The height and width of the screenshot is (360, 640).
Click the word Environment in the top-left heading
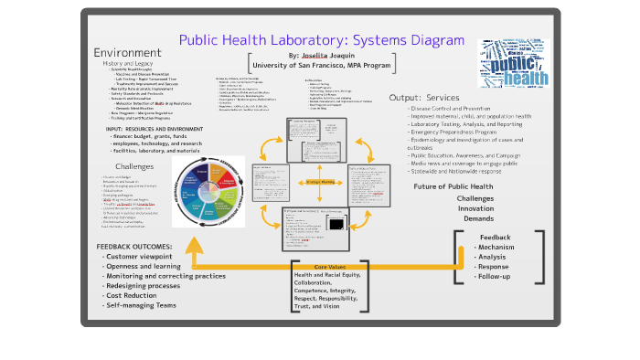click(x=127, y=52)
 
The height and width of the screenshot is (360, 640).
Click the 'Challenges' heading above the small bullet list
click(x=134, y=166)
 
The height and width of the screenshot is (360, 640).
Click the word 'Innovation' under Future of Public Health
click(x=475, y=208)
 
